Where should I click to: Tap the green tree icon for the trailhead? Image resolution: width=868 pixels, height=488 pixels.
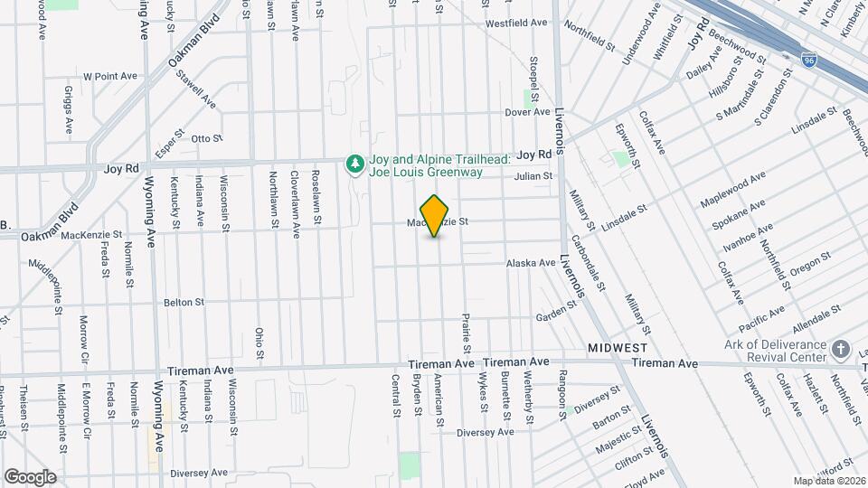[x=356, y=164]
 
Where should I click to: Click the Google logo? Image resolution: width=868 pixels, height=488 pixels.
[x=30, y=476]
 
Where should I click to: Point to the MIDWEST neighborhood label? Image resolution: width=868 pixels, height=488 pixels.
[x=618, y=348]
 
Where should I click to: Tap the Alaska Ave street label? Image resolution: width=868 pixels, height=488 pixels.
[x=531, y=263]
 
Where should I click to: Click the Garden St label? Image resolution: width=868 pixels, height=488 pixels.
[x=556, y=313]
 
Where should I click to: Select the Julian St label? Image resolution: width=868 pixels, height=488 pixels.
[x=533, y=177]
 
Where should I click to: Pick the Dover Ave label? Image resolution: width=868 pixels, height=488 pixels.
[x=527, y=113]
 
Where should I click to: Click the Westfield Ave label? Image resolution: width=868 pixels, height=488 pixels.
[x=517, y=23]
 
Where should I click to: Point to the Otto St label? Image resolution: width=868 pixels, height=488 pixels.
[x=206, y=138]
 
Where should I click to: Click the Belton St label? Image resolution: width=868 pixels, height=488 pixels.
[x=184, y=302]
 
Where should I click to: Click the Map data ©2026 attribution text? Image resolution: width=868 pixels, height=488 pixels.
[x=826, y=480]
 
